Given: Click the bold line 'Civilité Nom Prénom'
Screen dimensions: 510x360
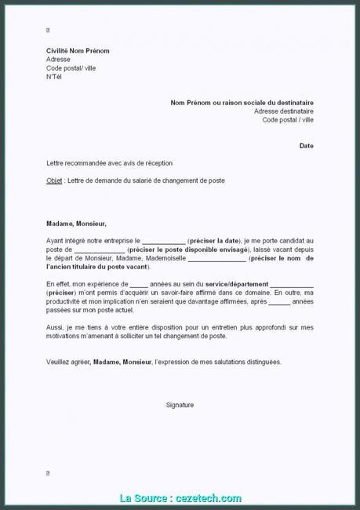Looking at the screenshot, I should coord(78,51).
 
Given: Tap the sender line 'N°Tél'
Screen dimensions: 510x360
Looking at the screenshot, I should coord(54,76).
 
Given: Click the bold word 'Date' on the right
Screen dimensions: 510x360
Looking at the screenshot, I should coord(307,146).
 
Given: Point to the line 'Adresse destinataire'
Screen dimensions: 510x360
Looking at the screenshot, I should coord(284,111).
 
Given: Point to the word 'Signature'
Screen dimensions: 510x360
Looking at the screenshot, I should coord(180,405).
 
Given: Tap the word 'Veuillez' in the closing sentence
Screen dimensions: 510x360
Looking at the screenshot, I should coord(60,362).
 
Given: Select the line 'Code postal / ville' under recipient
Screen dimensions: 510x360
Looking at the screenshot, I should coord(285,119).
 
